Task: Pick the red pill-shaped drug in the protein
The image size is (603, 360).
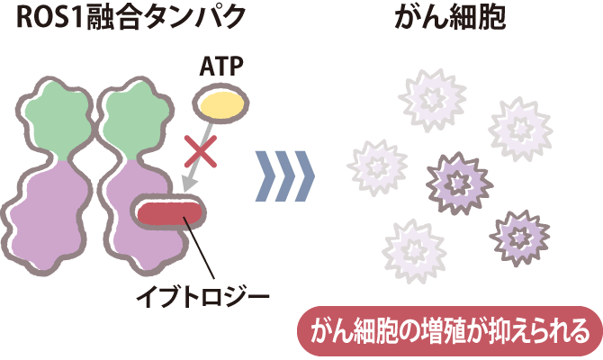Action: click(x=169, y=215)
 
